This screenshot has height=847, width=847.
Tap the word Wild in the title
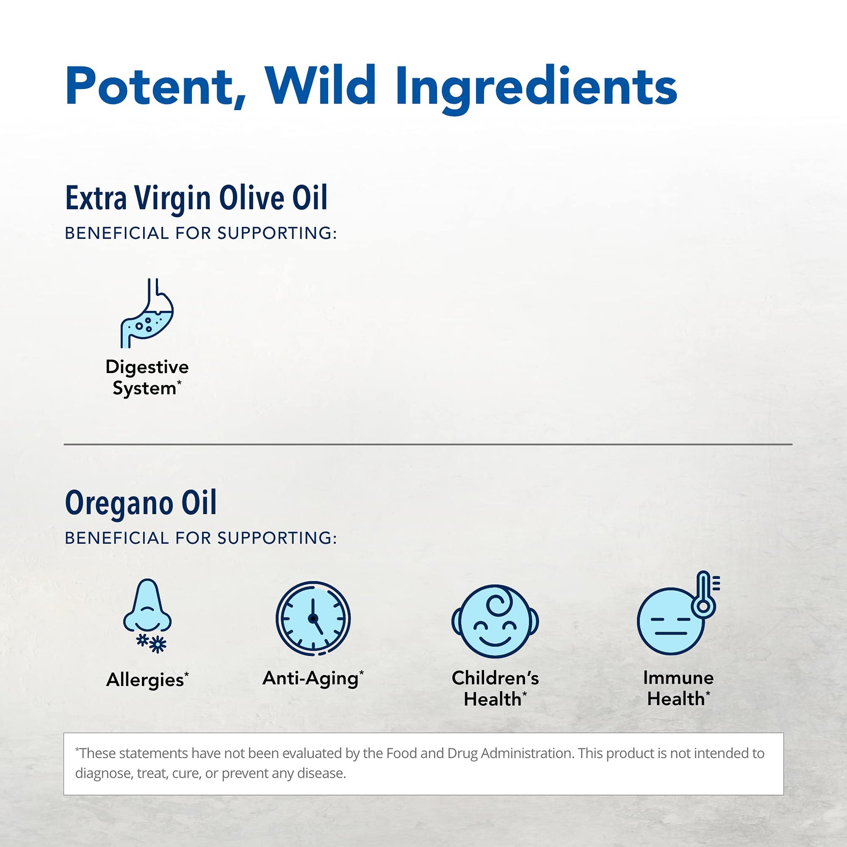coord(320,84)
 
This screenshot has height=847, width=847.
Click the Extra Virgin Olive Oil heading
coord(196,198)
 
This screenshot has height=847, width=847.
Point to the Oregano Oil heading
coord(141,503)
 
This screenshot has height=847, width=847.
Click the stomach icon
coord(147,313)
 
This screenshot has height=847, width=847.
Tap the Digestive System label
coord(147,377)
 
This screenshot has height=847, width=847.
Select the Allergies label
coord(147,679)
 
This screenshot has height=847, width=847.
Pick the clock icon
coord(313,618)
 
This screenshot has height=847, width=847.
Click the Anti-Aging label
coord(313,678)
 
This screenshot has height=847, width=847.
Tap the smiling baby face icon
coord(495,621)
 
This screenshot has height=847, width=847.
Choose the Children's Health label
coord(495,688)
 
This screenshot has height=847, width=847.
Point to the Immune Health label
coord(678,688)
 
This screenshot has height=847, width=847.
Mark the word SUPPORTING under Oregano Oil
coord(277,538)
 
